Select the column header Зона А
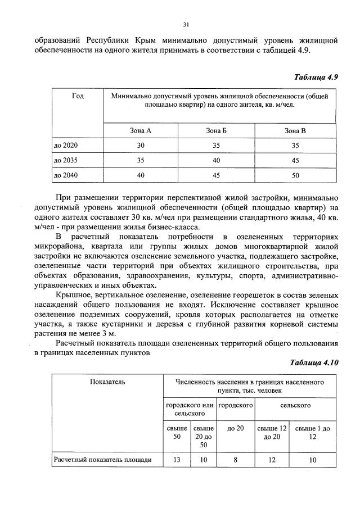pos(141,130)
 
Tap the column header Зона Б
pos(217,130)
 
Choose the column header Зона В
pos(295,130)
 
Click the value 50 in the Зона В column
pos(295,175)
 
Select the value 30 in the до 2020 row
pos(141,145)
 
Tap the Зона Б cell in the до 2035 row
pos(217,160)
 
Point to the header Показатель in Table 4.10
pos(107,382)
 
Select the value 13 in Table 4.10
pos(177,460)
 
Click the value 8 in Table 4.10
pos(235,460)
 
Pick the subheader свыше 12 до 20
pos(272,432)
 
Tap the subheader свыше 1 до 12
pos(312,432)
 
